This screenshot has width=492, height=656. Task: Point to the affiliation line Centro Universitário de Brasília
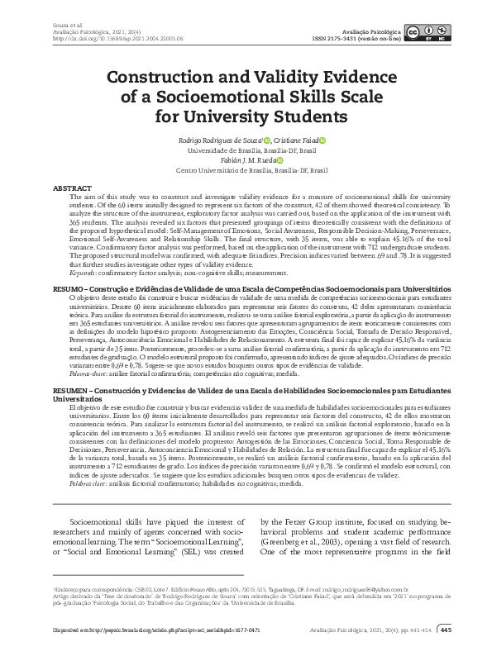tap(246, 171)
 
